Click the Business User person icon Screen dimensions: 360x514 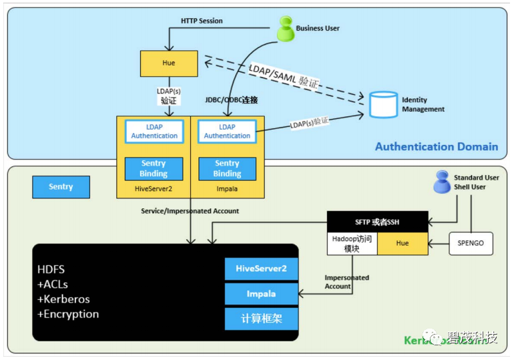coord(286,29)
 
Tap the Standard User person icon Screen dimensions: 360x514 coord(442,182)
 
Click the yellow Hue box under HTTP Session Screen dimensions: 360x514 coord(168,63)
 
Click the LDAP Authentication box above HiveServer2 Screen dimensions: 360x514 coord(154,132)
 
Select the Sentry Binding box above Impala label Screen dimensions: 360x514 coord(227,168)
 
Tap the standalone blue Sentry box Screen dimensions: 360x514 coord(61,187)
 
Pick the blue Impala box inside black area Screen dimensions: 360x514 coord(261,293)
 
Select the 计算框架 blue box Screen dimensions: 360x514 coord(261,319)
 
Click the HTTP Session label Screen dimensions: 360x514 coord(202,21)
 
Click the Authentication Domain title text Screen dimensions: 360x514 coord(436,146)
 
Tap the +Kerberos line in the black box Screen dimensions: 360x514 coord(63,299)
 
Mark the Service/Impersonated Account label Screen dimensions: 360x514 coord(190,211)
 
